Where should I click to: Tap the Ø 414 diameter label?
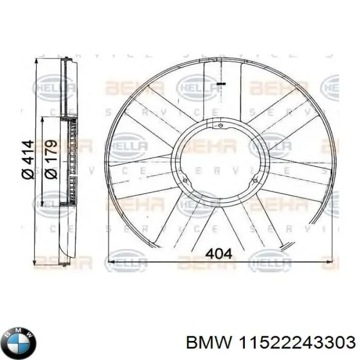(x=27, y=160)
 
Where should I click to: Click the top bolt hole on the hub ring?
(x=220, y=125)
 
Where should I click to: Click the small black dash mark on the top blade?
(x=221, y=83)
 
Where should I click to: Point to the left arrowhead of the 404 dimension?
(x=111, y=262)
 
